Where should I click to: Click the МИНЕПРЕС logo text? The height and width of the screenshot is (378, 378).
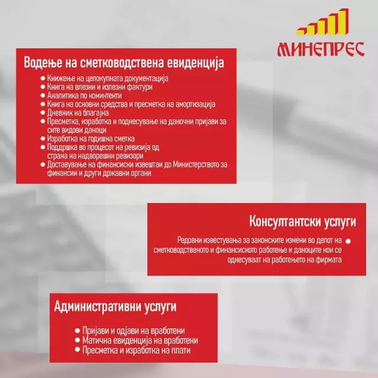click(321, 49)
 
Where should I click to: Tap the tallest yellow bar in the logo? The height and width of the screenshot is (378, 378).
click(343, 22)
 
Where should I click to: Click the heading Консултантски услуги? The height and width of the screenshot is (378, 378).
click(302, 221)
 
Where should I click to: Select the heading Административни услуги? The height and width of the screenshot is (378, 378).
click(115, 307)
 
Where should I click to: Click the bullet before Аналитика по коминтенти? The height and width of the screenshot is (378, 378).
click(43, 96)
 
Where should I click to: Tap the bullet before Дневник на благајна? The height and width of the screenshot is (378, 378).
click(43, 113)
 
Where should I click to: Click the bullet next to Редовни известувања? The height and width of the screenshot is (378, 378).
click(348, 241)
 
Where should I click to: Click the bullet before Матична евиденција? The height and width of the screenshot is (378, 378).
click(77, 340)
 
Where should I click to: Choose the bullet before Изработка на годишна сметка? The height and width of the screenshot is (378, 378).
click(43, 139)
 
